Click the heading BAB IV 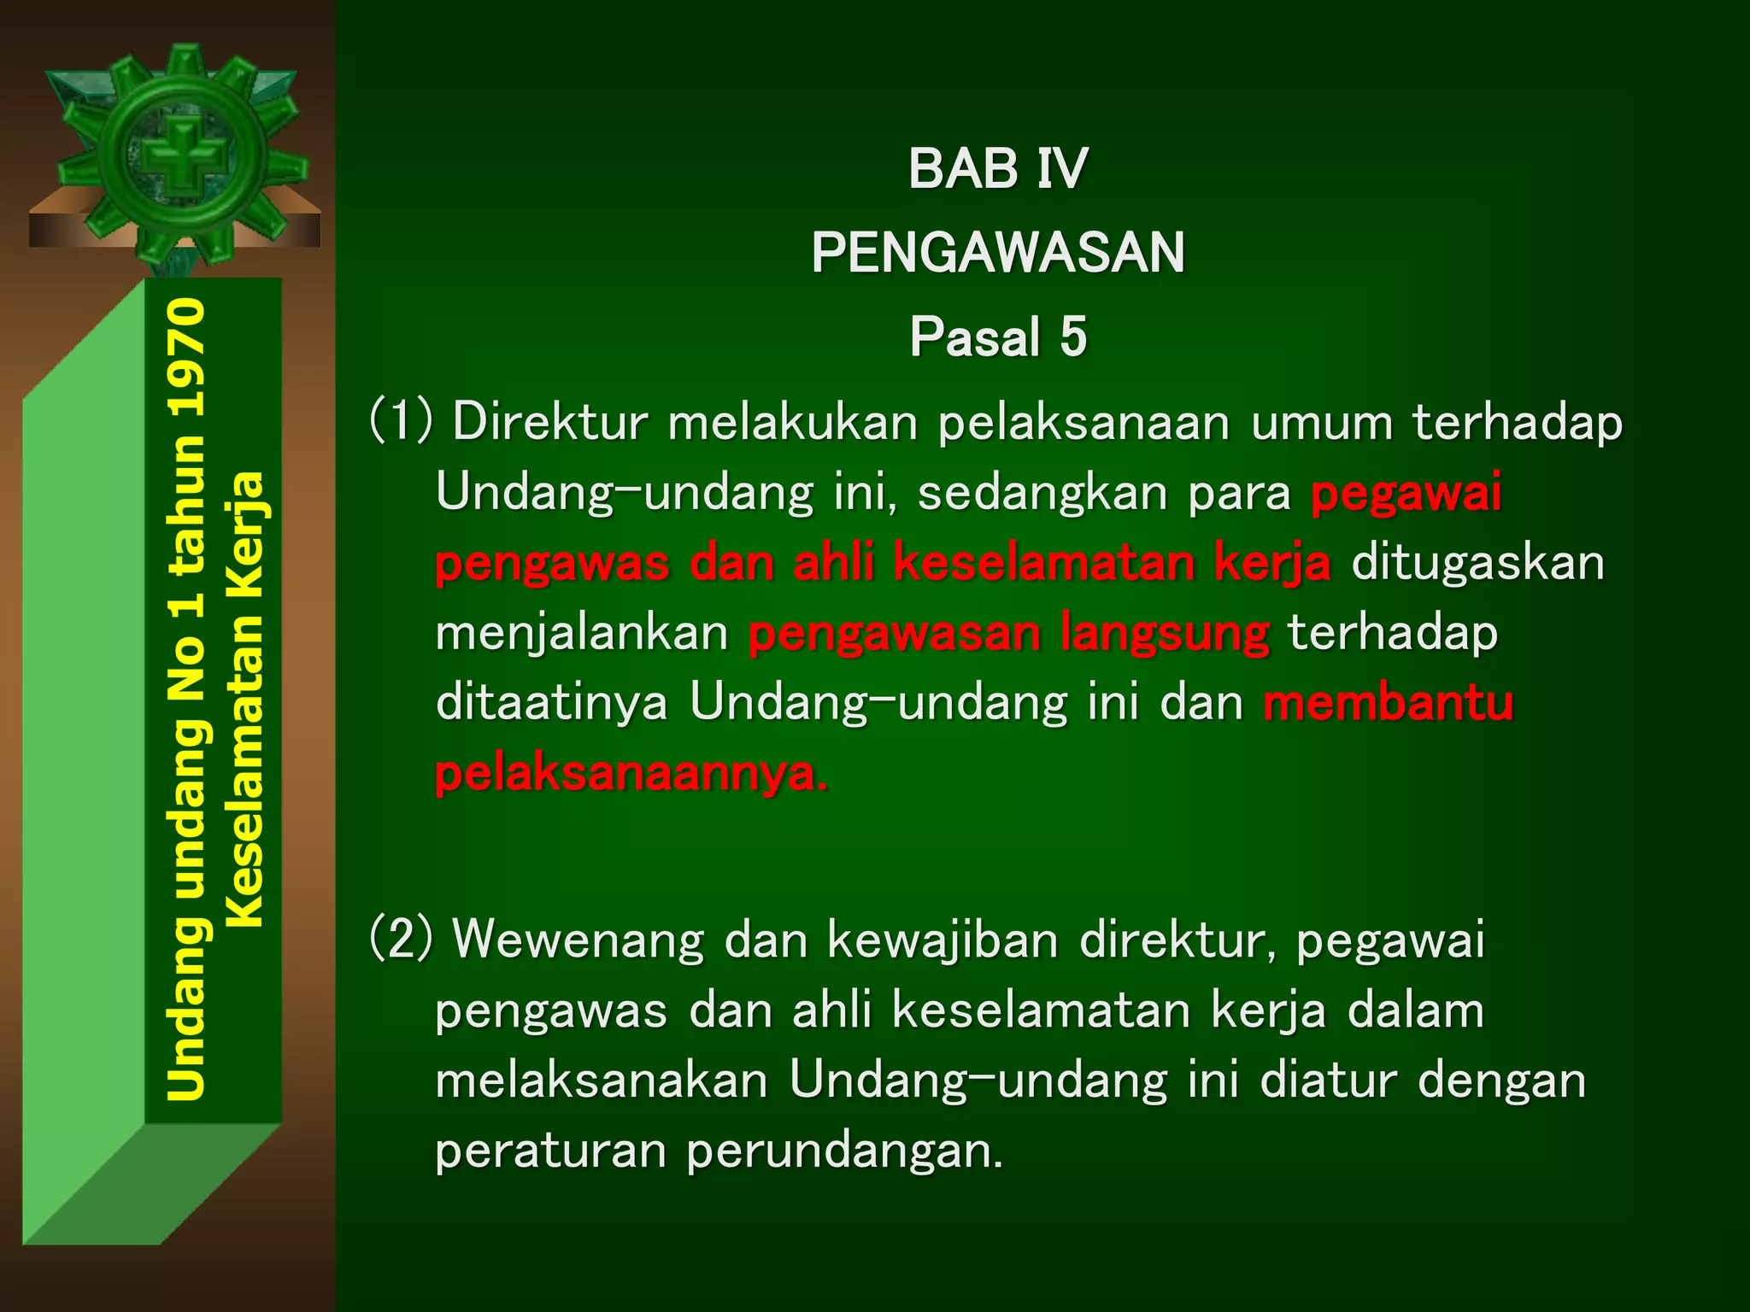coord(997,168)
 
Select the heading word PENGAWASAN coord(997,253)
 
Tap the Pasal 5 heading coord(997,337)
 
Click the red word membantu coord(1388,703)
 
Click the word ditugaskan coord(1477,563)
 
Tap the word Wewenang coord(578,940)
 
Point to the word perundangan coord(844,1151)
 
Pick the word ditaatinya coord(551,703)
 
